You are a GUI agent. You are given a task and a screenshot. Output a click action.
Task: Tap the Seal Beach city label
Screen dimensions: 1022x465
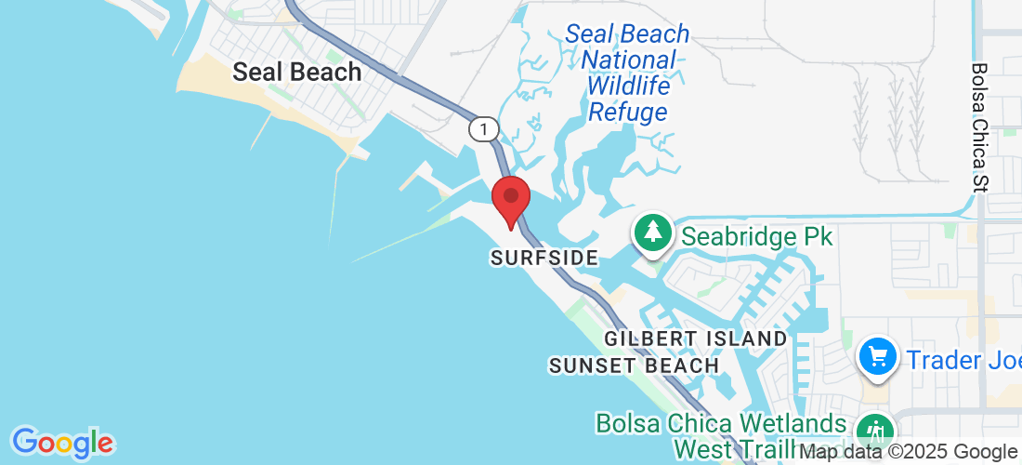[296, 72]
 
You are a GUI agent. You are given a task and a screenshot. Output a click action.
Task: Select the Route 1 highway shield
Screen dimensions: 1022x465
[483, 128]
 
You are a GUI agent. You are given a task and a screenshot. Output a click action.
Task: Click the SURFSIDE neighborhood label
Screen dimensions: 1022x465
[543, 258]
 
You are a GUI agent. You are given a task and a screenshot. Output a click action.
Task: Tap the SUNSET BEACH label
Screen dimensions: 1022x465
[634, 365]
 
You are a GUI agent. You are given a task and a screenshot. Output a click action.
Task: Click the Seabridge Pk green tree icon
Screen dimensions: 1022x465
[654, 232]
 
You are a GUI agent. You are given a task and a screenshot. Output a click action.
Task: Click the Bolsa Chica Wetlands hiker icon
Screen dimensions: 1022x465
[874, 432]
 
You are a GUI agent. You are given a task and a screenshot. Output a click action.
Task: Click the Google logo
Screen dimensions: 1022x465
[62, 442]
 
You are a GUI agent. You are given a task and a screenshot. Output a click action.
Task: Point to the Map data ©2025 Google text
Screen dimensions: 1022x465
[909, 452]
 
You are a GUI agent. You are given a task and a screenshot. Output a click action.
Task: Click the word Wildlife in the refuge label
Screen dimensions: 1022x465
[629, 86]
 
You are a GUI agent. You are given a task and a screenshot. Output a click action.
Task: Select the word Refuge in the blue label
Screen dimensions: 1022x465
[628, 113]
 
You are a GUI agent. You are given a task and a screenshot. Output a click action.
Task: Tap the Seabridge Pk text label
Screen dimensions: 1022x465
[756, 236]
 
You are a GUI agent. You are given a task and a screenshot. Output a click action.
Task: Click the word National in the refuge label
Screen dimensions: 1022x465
[629, 60]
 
